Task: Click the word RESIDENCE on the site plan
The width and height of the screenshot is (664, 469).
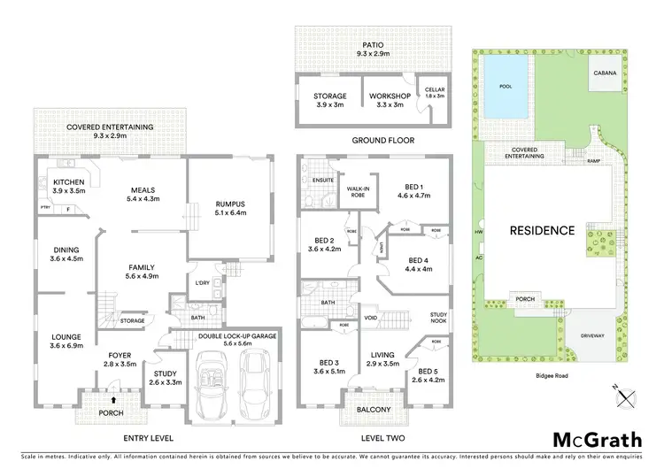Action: (x=542, y=230)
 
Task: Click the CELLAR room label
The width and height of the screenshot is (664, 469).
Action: (x=434, y=89)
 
